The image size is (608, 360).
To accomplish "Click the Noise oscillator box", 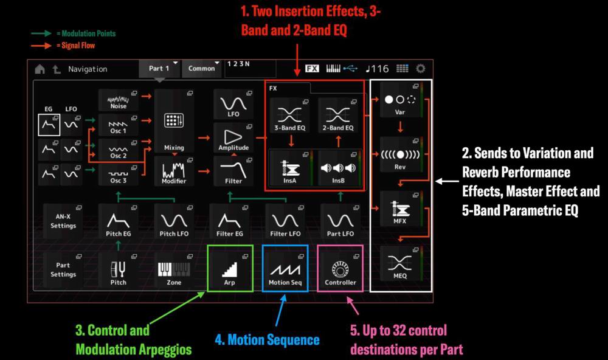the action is pyautogui.click(x=119, y=100).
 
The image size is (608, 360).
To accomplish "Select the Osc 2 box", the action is pyautogui.click(x=119, y=150).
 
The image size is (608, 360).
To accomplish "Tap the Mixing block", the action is pyautogui.click(x=174, y=121).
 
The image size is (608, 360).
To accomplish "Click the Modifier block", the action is pyautogui.click(x=174, y=171).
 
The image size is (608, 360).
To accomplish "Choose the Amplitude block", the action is pyautogui.click(x=233, y=137).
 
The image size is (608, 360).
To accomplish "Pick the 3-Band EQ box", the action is pyautogui.click(x=290, y=116).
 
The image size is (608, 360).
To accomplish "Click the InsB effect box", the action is pyautogui.click(x=338, y=168).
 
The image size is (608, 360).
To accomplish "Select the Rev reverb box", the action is pyautogui.click(x=401, y=154).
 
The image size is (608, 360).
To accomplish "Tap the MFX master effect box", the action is pyautogui.click(x=401, y=209).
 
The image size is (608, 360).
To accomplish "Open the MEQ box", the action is pyautogui.click(x=401, y=263).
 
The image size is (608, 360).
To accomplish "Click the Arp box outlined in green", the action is pyautogui.click(x=230, y=268).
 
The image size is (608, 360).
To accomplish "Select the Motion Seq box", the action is pyautogui.click(x=285, y=268).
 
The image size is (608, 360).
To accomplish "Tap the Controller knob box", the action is pyautogui.click(x=340, y=268).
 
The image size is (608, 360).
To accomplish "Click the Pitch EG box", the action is pyautogui.click(x=119, y=221).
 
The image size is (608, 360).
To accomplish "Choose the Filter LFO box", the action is pyautogui.click(x=285, y=221).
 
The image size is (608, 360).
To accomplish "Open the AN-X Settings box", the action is pyautogui.click(x=63, y=221).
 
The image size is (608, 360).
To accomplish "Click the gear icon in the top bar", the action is pyautogui.click(x=421, y=69).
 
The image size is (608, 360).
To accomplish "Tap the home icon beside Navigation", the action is pyautogui.click(x=40, y=69).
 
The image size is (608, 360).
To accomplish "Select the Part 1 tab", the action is pyautogui.click(x=159, y=69).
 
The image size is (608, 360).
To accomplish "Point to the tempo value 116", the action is pyautogui.click(x=381, y=69).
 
